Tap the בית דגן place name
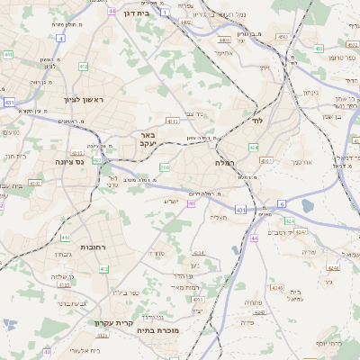[136, 14]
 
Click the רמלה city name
[224, 163]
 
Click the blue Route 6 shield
[282, 204]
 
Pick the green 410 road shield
[66, 238]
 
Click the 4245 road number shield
[301, 232]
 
